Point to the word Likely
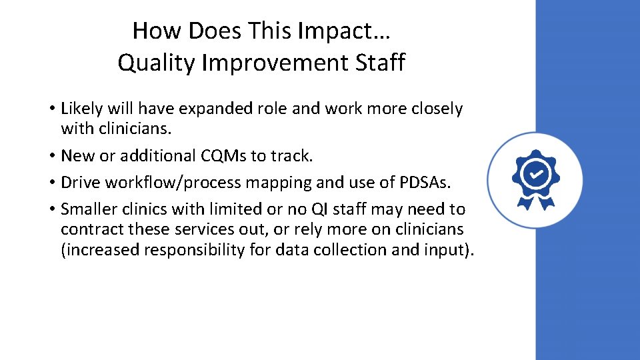click(83, 109)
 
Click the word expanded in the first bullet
click(217, 109)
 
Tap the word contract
click(91, 230)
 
